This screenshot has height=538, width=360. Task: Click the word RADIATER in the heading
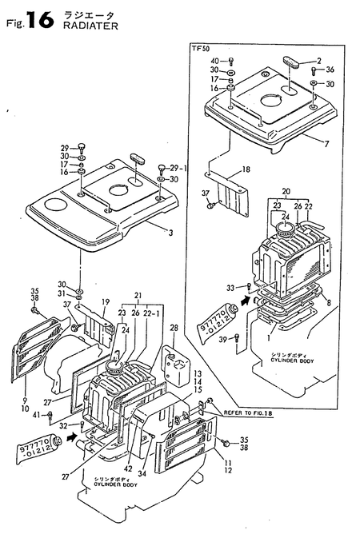tap(86, 25)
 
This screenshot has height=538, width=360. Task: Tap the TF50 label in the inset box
tap(201, 50)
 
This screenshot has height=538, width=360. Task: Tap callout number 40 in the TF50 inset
tap(215, 62)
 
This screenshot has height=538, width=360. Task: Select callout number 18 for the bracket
tap(246, 169)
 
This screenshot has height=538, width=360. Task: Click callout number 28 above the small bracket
tap(173, 328)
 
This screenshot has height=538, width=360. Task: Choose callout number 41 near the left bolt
tap(36, 413)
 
